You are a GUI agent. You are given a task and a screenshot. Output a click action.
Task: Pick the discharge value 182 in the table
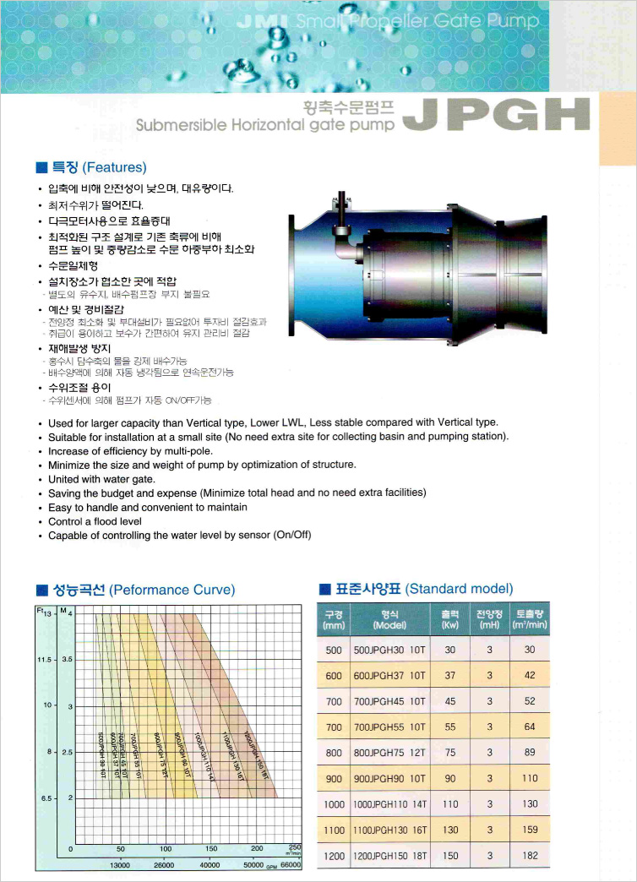[530, 856]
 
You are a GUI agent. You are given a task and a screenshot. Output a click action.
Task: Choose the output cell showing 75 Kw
[449, 753]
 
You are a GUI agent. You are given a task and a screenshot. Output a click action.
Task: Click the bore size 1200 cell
[334, 856]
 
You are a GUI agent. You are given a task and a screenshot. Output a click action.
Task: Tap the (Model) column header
[389, 625]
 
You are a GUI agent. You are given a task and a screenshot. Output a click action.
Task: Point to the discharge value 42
[530, 675]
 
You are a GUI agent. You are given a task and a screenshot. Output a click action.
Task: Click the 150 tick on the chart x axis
[211, 848]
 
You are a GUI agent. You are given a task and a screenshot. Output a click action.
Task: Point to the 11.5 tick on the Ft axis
[45, 658]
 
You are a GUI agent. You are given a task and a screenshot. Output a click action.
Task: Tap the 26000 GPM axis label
[164, 865]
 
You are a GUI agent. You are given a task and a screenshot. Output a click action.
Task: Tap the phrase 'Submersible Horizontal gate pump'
[265, 126]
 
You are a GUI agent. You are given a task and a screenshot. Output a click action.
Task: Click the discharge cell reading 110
[530, 778]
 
